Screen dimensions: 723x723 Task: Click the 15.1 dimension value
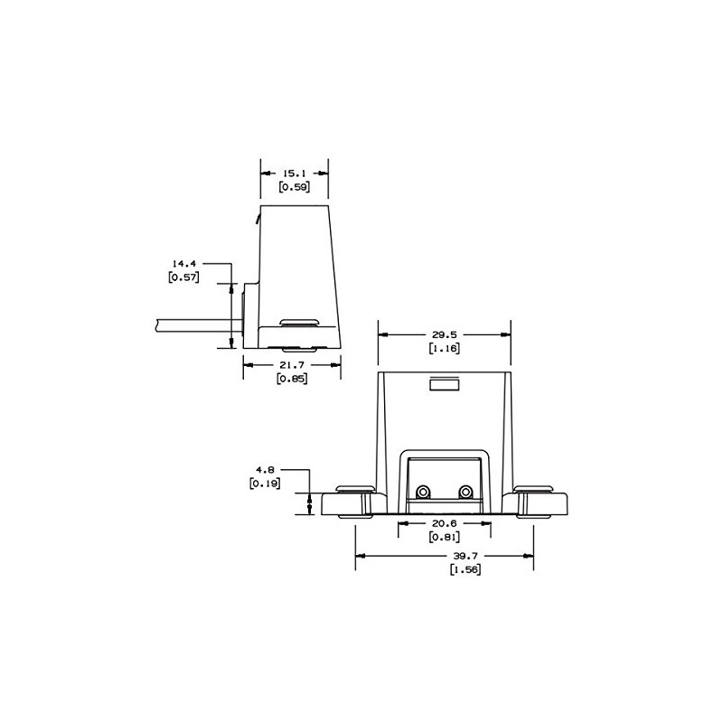click(x=294, y=172)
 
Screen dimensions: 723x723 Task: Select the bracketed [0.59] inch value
click(x=294, y=188)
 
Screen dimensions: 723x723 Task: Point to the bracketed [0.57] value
click(x=185, y=277)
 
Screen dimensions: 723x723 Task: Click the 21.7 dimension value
click(x=291, y=364)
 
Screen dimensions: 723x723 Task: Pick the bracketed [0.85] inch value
click(x=291, y=379)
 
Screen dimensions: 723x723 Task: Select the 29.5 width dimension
click(x=444, y=333)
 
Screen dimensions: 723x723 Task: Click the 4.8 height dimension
click(x=265, y=470)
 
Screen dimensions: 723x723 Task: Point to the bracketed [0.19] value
click(x=265, y=484)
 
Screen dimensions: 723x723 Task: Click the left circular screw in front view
click(x=422, y=492)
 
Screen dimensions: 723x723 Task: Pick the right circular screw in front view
click(x=465, y=492)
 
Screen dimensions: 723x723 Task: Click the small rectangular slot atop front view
click(x=444, y=384)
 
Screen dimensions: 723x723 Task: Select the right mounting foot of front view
click(x=542, y=502)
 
